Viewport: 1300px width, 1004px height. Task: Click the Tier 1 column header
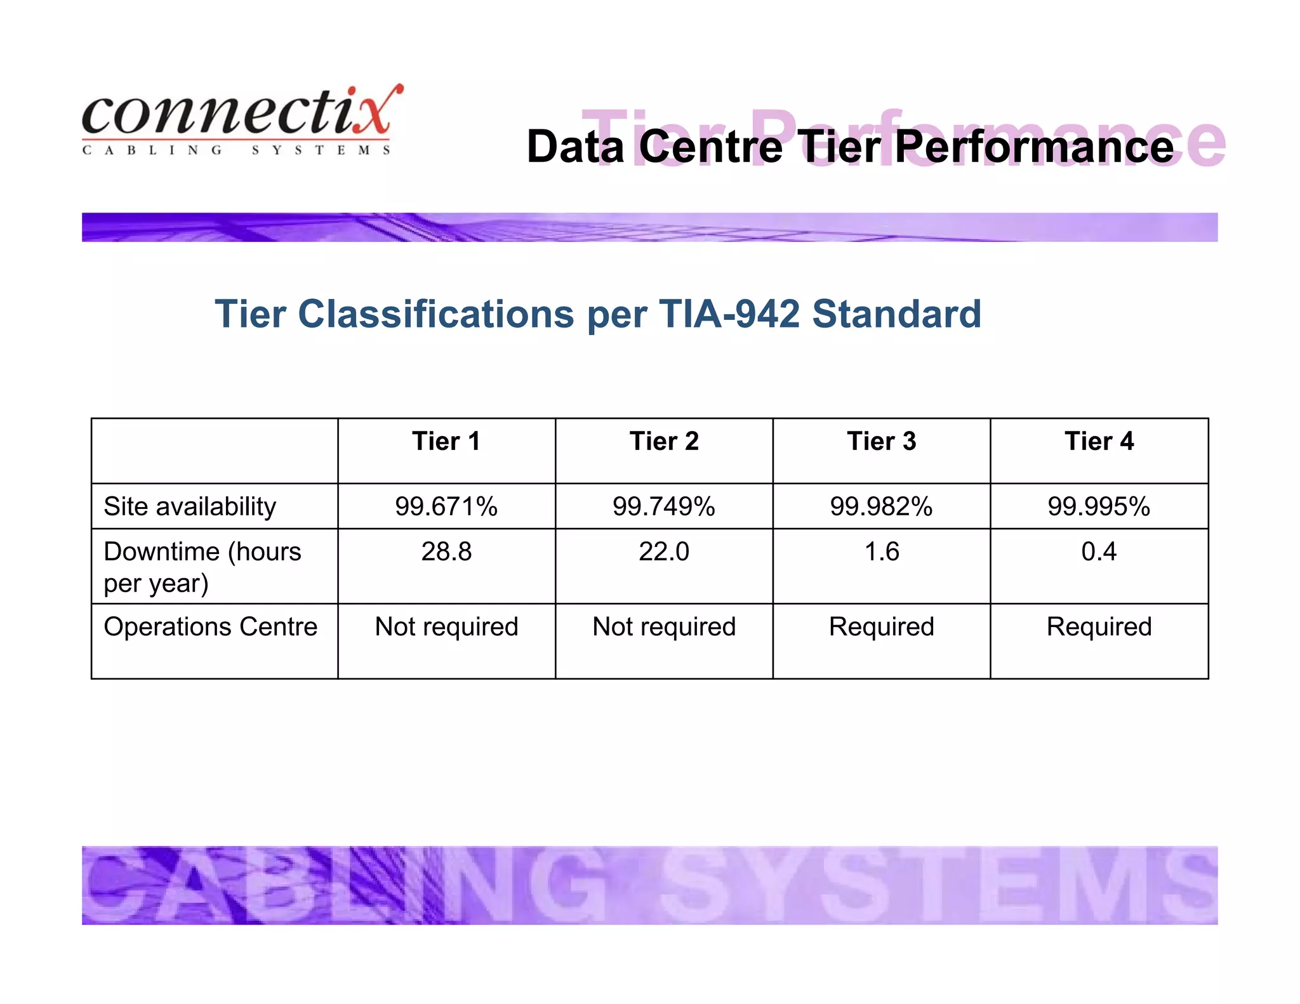tap(446, 441)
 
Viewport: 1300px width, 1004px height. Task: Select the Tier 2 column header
tap(664, 441)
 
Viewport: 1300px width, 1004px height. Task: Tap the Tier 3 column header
tap(882, 441)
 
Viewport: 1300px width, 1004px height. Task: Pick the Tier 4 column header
tap(1099, 441)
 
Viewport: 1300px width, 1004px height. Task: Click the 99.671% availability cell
tap(446, 506)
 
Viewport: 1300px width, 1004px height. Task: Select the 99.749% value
tap(664, 506)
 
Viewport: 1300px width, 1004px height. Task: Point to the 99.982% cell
tap(882, 506)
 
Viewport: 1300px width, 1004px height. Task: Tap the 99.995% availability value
tap(1099, 506)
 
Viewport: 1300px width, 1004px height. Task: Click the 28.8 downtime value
tap(446, 552)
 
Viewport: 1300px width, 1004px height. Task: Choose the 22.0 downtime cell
tap(664, 552)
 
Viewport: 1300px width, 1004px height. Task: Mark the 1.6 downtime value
tap(882, 552)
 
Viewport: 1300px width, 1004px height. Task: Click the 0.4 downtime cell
tap(1099, 552)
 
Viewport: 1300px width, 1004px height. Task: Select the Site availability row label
tap(190, 506)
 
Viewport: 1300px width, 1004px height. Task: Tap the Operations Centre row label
tap(210, 626)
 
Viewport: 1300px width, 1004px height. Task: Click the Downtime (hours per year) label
tap(202, 567)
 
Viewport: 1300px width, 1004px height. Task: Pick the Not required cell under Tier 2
tap(664, 626)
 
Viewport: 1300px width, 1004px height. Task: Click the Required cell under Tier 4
tap(1099, 626)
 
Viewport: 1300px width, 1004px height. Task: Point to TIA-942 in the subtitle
tap(729, 314)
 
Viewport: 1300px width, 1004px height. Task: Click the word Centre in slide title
tap(711, 147)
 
